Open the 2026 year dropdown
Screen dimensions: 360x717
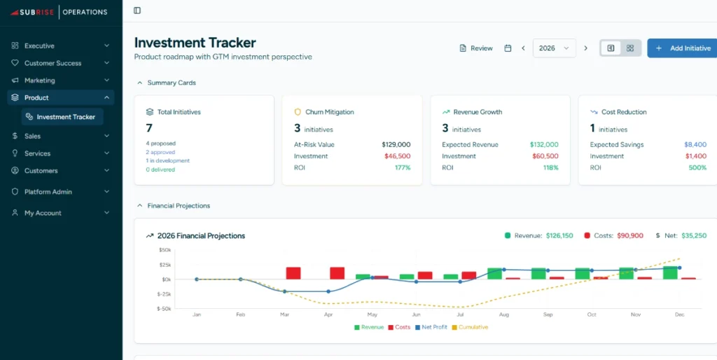point(554,48)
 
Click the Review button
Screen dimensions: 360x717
point(475,48)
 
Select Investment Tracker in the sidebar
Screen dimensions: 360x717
point(65,117)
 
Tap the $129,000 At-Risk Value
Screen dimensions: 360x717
point(396,145)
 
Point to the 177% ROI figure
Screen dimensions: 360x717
point(402,168)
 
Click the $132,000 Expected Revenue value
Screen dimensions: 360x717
point(544,145)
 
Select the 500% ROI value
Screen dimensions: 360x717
point(697,168)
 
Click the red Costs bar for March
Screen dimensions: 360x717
point(293,273)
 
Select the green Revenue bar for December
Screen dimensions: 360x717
point(670,272)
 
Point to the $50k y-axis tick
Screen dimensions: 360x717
point(165,250)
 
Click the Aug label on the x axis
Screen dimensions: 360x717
point(504,315)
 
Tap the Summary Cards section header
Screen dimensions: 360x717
point(171,83)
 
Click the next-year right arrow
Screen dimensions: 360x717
point(586,48)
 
